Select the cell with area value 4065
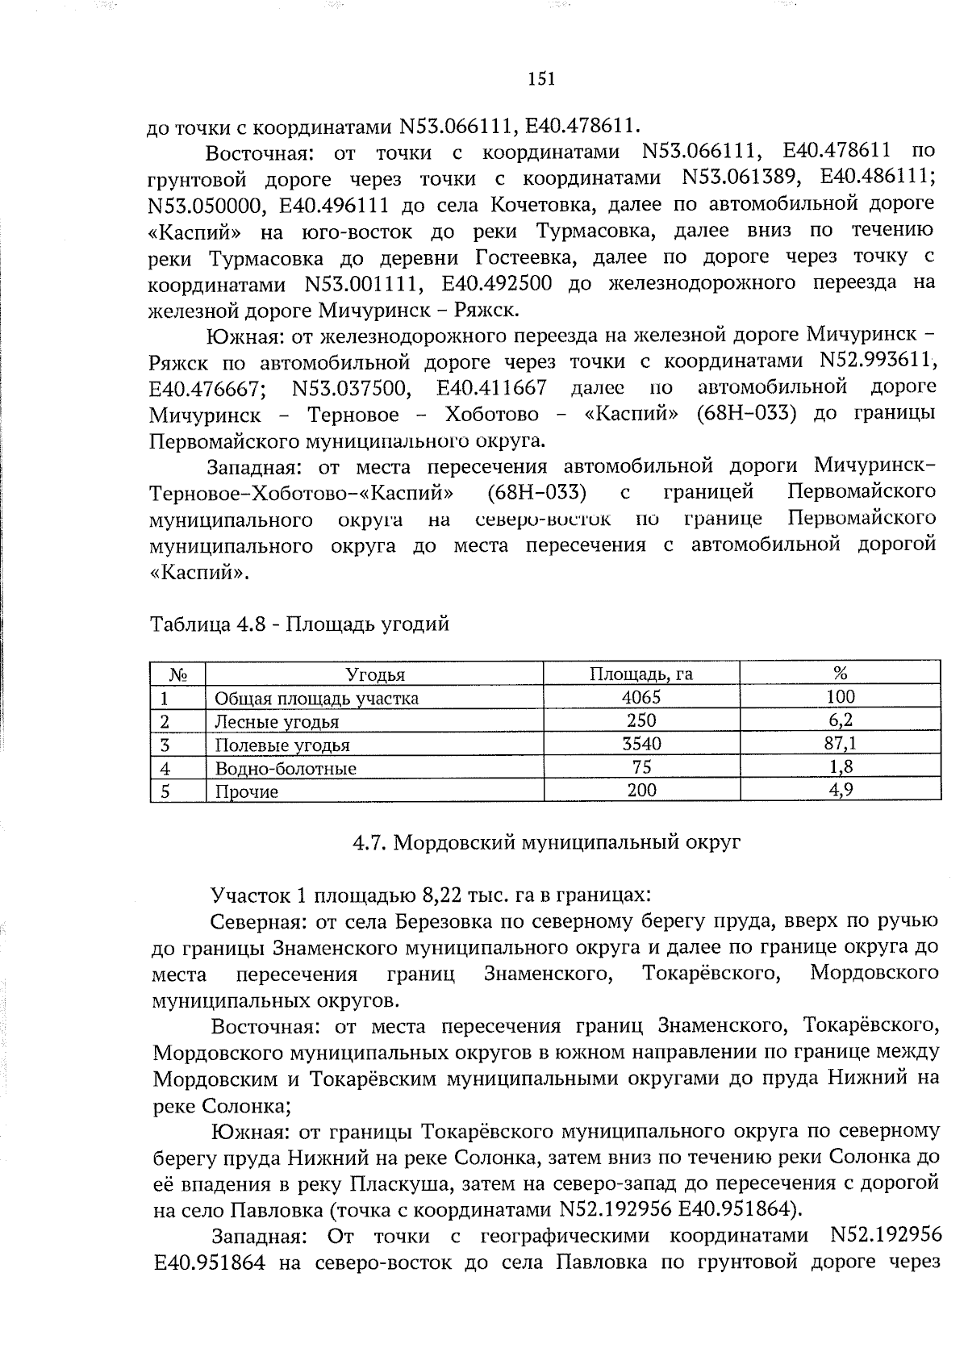click(x=641, y=697)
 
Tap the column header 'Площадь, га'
click(x=641, y=674)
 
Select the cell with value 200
click(x=641, y=791)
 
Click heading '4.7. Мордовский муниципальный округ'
click(x=546, y=843)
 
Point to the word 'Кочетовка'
click(x=542, y=205)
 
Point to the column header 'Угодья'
click(x=375, y=674)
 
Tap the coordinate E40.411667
click(x=490, y=389)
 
